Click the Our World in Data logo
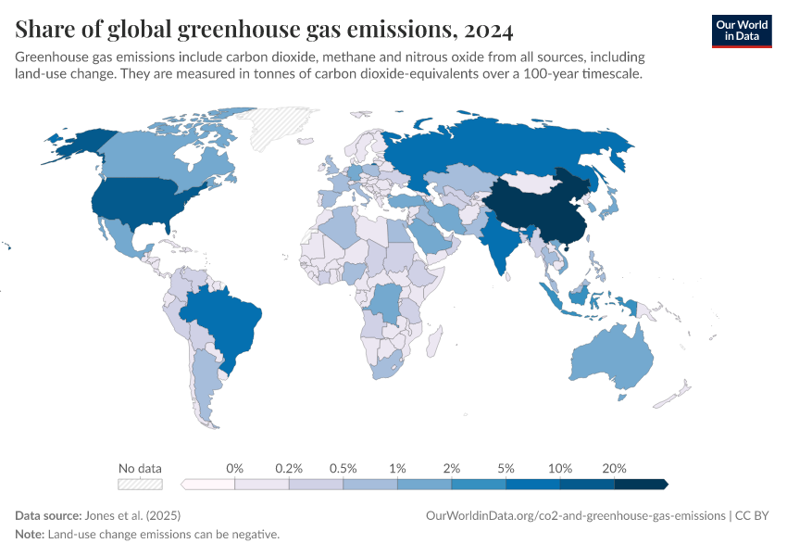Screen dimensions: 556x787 pos(741,31)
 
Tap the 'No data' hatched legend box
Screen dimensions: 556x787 pos(139,484)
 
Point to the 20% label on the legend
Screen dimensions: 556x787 pos(614,468)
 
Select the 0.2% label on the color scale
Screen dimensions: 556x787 pos(289,468)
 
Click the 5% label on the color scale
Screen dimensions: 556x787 pos(506,468)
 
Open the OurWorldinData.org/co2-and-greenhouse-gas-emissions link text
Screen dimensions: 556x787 pos(575,515)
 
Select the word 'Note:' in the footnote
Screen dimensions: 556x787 pos(31,535)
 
